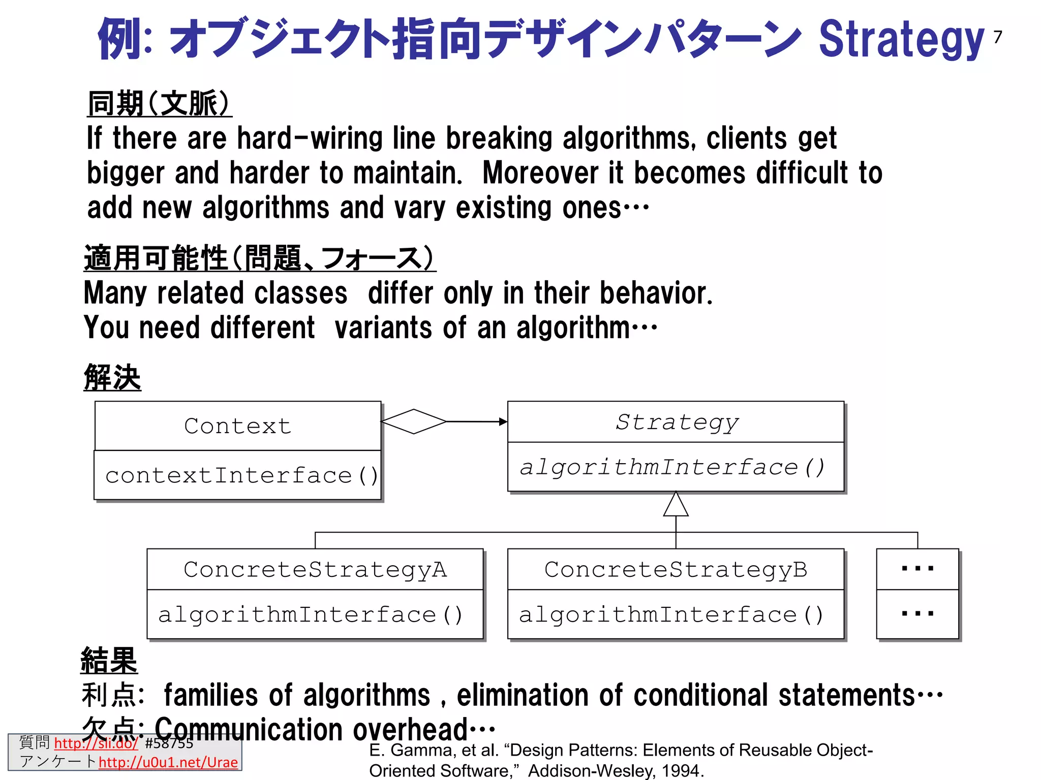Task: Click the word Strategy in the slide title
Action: [x=901, y=40]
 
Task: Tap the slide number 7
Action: [x=998, y=37]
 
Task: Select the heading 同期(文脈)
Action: [x=159, y=104]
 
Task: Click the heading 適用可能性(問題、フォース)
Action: [x=259, y=258]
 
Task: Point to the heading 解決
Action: [x=112, y=377]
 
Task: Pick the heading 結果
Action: [x=109, y=660]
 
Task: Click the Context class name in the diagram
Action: [x=237, y=426]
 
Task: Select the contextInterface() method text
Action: [x=241, y=476]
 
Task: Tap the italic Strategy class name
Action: [x=676, y=422]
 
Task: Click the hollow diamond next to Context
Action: [x=414, y=421]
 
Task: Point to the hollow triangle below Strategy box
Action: [x=676, y=505]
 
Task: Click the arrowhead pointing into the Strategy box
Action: [x=503, y=421]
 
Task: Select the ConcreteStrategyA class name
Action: [x=315, y=570]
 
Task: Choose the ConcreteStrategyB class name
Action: [x=676, y=570]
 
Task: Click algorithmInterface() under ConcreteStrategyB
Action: [x=671, y=615]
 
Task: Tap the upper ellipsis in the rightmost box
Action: [x=917, y=569]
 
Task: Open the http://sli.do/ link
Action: [x=96, y=743]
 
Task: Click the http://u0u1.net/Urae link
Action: [x=168, y=762]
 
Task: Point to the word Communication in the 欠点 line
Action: [x=249, y=730]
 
